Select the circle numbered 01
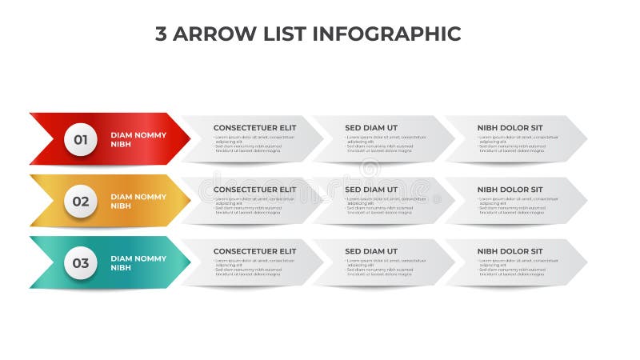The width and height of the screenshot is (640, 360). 81,140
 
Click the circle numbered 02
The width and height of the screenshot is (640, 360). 81,202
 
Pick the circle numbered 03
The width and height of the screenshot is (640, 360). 81,262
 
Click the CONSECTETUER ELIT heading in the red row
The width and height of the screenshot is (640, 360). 254,128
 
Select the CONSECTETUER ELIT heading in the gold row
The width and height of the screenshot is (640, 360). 254,190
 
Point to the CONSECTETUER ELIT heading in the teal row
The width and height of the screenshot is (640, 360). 254,251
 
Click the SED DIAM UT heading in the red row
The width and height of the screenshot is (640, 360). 371,128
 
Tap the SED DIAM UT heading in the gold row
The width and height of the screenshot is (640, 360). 371,190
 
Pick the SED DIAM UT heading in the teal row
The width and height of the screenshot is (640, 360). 371,251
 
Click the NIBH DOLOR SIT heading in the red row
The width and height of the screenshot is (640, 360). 510,128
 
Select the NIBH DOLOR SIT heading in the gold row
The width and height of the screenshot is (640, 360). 510,190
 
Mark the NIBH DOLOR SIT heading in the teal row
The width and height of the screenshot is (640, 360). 510,251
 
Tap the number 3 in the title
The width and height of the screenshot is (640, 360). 161,34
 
